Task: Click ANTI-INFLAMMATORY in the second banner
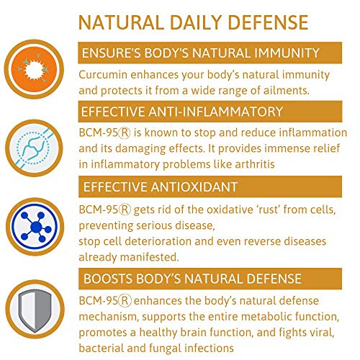click(x=215, y=112)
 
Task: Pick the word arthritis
click(x=255, y=164)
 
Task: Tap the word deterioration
click(x=158, y=241)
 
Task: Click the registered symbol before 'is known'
click(x=125, y=132)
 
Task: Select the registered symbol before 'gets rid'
click(x=125, y=210)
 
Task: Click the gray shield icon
click(x=35, y=311)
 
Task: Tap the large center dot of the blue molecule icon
click(x=36, y=227)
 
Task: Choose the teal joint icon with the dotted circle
click(x=33, y=148)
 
